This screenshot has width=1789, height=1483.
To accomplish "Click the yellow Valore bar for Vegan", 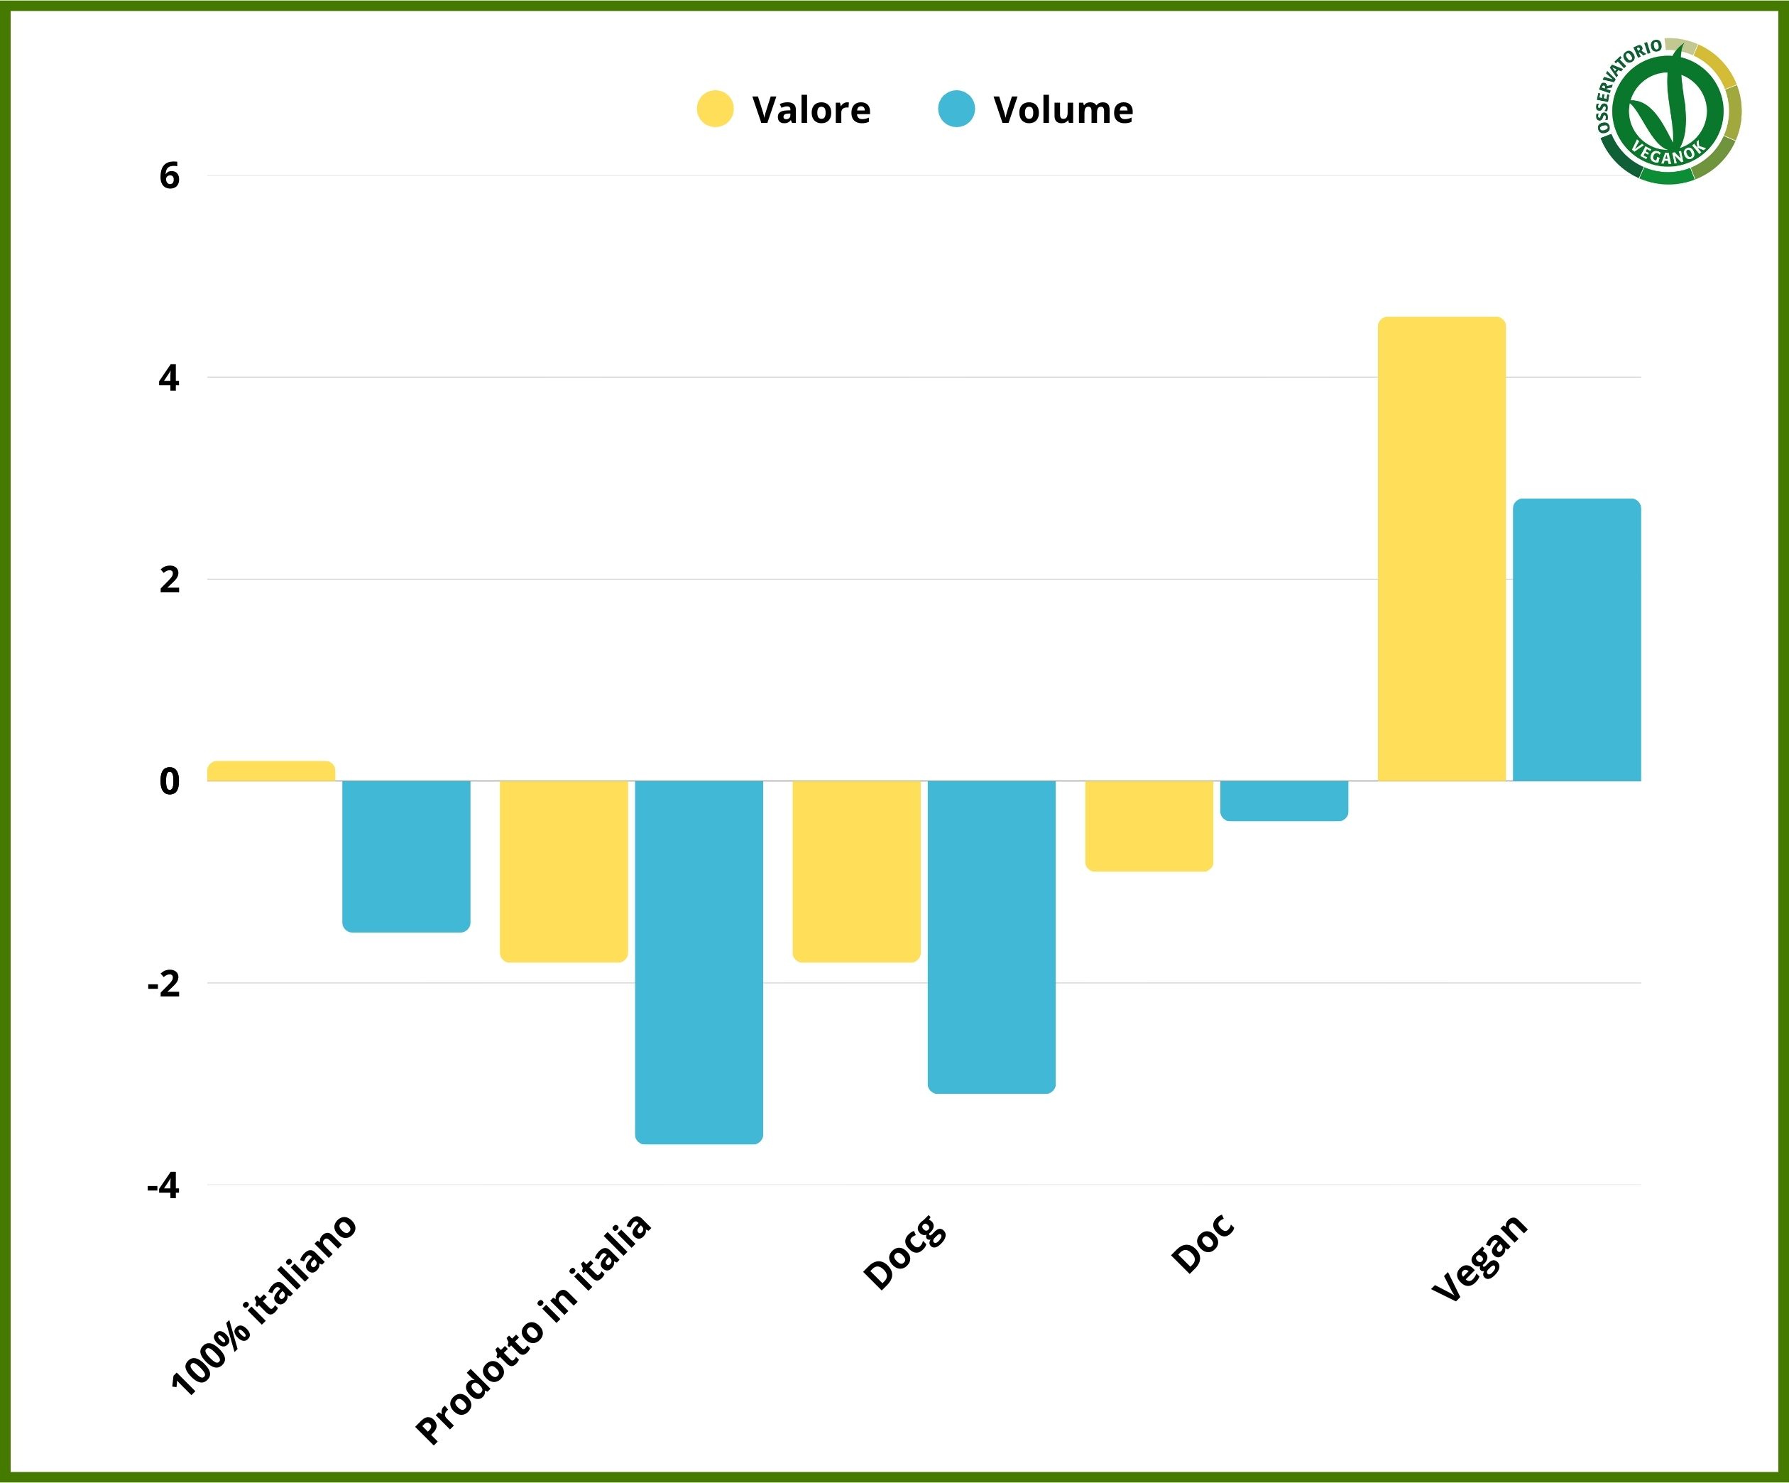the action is click(x=1441, y=548).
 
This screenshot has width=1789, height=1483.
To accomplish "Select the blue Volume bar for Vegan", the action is click(x=1576, y=639).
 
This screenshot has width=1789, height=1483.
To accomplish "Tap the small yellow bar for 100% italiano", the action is click(x=271, y=771).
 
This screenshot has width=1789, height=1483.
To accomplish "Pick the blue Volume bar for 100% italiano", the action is click(x=406, y=856).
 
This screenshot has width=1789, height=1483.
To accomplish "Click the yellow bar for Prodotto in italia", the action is click(x=564, y=871).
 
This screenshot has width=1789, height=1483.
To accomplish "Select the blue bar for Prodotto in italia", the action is click(x=699, y=962).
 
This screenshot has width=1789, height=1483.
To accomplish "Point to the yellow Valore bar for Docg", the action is click(x=856, y=871).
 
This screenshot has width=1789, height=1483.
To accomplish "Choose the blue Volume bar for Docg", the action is click(x=992, y=937).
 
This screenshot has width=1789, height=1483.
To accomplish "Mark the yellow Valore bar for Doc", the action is click(x=1149, y=826).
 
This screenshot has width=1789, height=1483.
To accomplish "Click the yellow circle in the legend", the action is click(x=715, y=109).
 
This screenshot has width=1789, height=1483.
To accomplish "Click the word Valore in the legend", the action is click(x=811, y=110).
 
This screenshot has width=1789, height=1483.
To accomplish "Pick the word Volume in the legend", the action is click(x=1063, y=110).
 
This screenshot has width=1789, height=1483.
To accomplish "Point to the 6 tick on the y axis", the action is click(x=170, y=175).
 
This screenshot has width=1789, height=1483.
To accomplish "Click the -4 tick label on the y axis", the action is click(x=163, y=1185).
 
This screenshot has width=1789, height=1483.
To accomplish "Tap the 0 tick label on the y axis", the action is click(x=170, y=781).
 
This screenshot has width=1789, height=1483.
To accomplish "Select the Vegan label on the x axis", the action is click(x=1479, y=1257).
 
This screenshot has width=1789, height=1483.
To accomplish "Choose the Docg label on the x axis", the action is click(x=904, y=1251).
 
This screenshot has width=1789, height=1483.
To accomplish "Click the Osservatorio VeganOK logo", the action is click(x=1668, y=111).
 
